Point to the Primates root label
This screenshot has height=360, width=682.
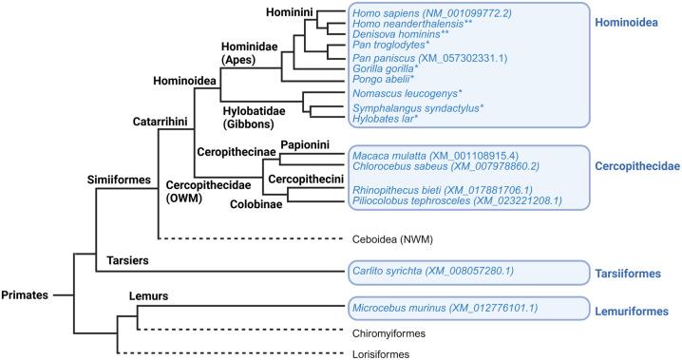[25, 295]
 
